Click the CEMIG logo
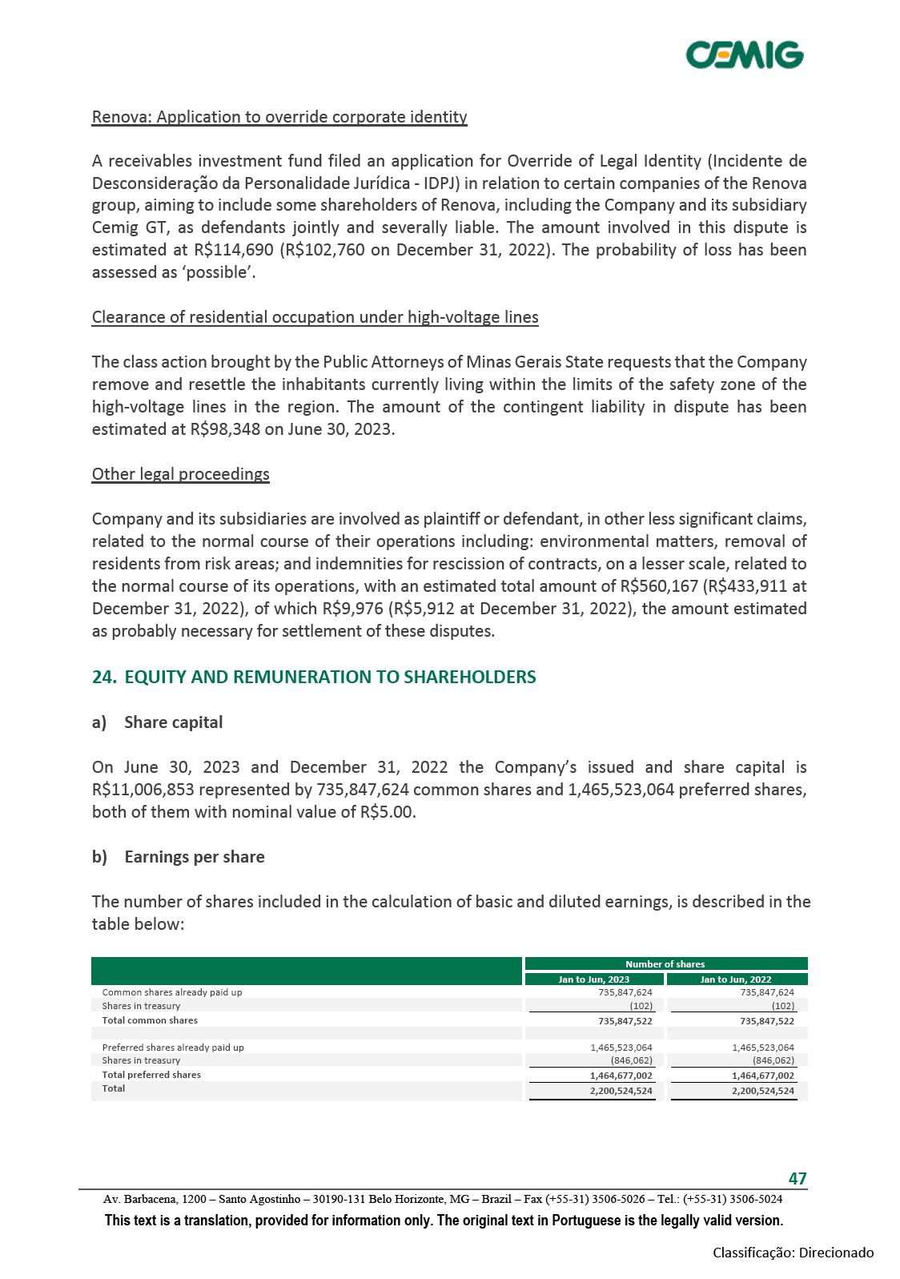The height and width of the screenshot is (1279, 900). click(745, 55)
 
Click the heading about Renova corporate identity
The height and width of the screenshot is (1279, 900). click(279, 117)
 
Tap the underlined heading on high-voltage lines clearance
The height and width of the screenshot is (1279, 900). click(315, 317)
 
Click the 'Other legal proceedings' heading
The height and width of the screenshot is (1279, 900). click(181, 474)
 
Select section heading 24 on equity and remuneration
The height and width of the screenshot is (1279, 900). click(314, 677)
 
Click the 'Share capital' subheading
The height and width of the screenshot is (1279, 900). click(174, 722)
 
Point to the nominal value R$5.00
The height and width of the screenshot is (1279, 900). click(388, 812)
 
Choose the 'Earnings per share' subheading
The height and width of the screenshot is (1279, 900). click(195, 857)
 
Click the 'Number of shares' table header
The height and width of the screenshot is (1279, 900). click(665, 964)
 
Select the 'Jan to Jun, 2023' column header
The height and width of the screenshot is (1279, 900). click(593, 979)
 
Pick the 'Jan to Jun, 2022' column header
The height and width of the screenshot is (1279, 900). click(736, 979)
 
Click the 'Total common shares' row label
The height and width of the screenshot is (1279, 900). click(150, 1020)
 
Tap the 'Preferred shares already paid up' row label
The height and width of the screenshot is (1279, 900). click(173, 1047)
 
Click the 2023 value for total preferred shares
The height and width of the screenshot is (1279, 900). click(621, 1076)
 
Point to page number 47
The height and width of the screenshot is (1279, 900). click(798, 1178)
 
